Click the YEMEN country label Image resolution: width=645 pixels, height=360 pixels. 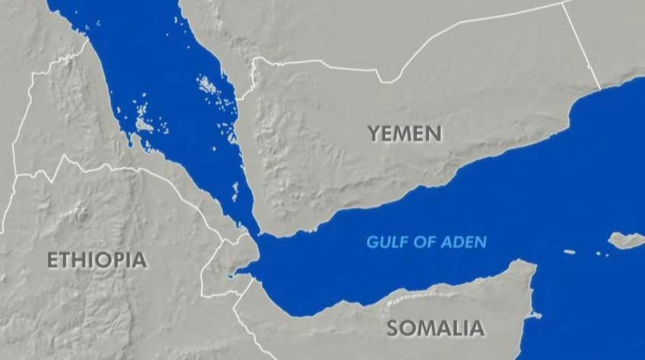(405, 133)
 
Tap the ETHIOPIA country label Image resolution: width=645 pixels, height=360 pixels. (97, 260)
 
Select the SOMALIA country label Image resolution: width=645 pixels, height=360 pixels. (435, 328)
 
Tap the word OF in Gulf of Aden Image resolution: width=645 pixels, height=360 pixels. (423, 242)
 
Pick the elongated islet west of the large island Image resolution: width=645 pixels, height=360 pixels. (569, 252)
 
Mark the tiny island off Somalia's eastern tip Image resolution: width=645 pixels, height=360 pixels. (536, 315)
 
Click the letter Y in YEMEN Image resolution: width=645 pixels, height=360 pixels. (374, 133)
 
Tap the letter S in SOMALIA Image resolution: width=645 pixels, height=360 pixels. (394, 328)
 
